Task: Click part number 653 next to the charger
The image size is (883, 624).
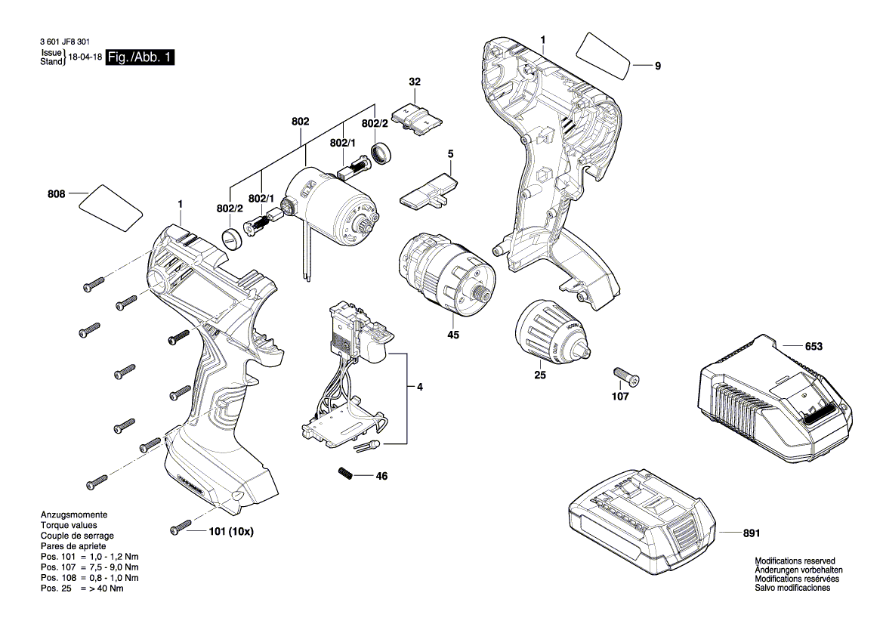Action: coord(813,347)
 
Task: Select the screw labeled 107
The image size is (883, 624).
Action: coord(623,374)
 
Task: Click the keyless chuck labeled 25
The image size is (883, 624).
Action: coord(550,331)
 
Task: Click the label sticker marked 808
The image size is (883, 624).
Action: coord(112,207)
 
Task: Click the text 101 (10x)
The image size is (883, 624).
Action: coord(230,531)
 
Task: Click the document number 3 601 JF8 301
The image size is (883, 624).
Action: coord(66,43)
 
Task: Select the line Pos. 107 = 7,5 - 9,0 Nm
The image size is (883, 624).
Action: coord(89,567)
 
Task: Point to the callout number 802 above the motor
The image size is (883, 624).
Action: coord(300,121)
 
